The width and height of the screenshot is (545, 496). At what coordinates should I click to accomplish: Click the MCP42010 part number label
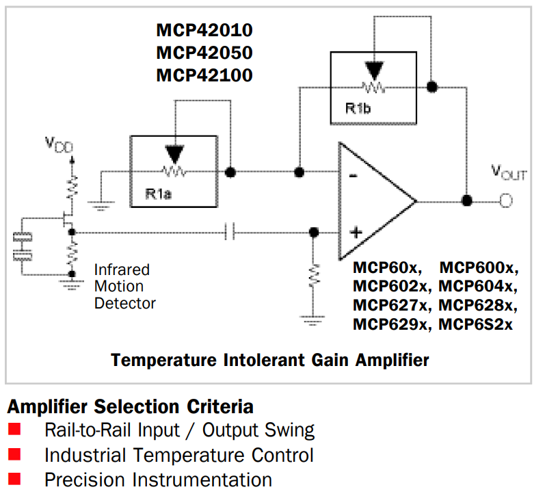[x=204, y=30]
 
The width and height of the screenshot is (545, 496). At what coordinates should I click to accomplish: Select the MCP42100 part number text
[x=204, y=75]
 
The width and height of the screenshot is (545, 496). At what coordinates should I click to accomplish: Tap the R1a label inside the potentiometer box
[x=159, y=194]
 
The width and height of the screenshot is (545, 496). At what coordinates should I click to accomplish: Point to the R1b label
[x=358, y=109]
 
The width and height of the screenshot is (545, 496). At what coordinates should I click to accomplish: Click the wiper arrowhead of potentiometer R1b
[x=374, y=70]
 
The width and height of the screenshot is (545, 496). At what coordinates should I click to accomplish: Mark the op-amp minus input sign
[x=353, y=176]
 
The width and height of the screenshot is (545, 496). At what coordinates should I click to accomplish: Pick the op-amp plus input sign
[x=356, y=232]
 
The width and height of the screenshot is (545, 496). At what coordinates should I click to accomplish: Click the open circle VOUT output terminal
[x=506, y=200]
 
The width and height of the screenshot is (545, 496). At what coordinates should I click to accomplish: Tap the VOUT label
[x=509, y=172]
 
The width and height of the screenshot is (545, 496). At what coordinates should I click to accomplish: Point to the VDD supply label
[x=59, y=144]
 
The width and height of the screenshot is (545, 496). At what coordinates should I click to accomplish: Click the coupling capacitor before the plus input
[x=229, y=232]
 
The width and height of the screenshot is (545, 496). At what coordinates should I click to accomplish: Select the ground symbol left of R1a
[x=101, y=205]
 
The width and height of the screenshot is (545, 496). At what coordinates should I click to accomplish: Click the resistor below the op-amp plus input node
[x=313, y=276]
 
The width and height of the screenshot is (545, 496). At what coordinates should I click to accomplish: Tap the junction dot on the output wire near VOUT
[x=467, y=200]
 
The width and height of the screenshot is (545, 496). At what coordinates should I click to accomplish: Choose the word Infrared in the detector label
[x=122, y=270]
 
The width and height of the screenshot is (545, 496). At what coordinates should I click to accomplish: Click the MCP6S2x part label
[x=475, y=324]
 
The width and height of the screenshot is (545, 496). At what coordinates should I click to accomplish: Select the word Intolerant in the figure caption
[x=264, y=360]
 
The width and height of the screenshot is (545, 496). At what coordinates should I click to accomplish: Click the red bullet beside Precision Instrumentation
[x=14, y=479]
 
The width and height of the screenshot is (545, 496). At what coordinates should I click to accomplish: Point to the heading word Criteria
[x=220, y=406]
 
